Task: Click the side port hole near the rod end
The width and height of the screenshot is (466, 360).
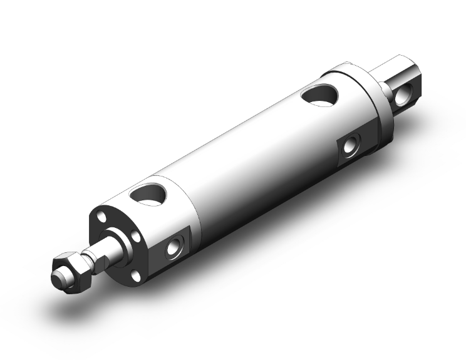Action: click(x=172, y=249)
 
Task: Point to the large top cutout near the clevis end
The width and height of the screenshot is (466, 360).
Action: click(x=319, y=95)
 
